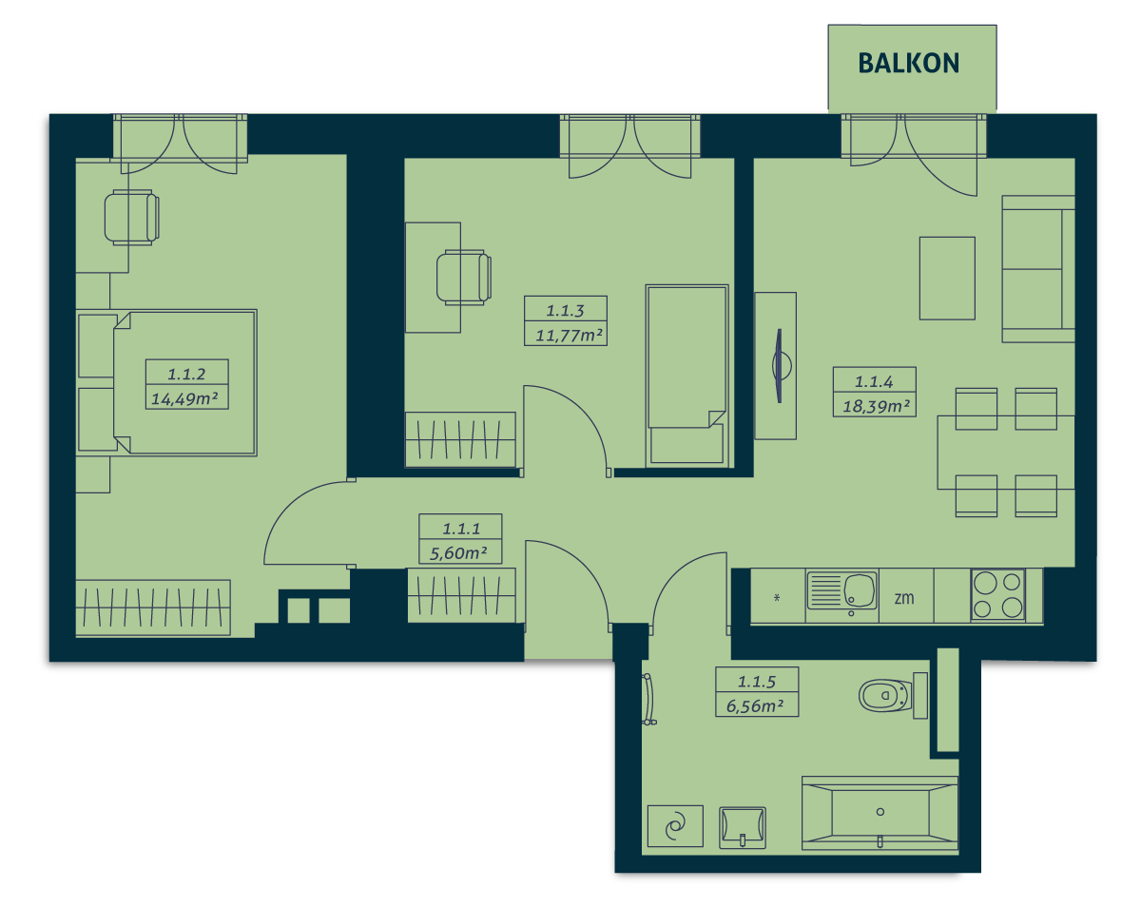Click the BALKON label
(x=908, y=63)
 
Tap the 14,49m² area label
(x=184, y=398)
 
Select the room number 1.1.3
(x=565, y=311)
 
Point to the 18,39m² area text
(x=876, y=407)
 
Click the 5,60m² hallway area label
(x=458, y=553)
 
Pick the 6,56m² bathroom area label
(x=755, y=706)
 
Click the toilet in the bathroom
(x=892, y=696)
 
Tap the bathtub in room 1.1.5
(x=880, y=814)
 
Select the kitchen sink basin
(x=859, y=589)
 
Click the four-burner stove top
(x=997, y=595)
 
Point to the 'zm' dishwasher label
(x=904, y=598)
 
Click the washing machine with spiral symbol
(x=675, y=826)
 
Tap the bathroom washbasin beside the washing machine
(x=743, y=827)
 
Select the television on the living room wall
(x=780, y=366)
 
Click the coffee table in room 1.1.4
(x=947, y=279)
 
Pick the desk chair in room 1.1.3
(x=463, y=278)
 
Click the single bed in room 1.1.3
(x=687, y=376)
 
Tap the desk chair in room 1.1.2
(x=131, y=218)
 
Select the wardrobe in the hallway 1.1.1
(x=461, y=595)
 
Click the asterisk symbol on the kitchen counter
(x=777, y=598)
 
